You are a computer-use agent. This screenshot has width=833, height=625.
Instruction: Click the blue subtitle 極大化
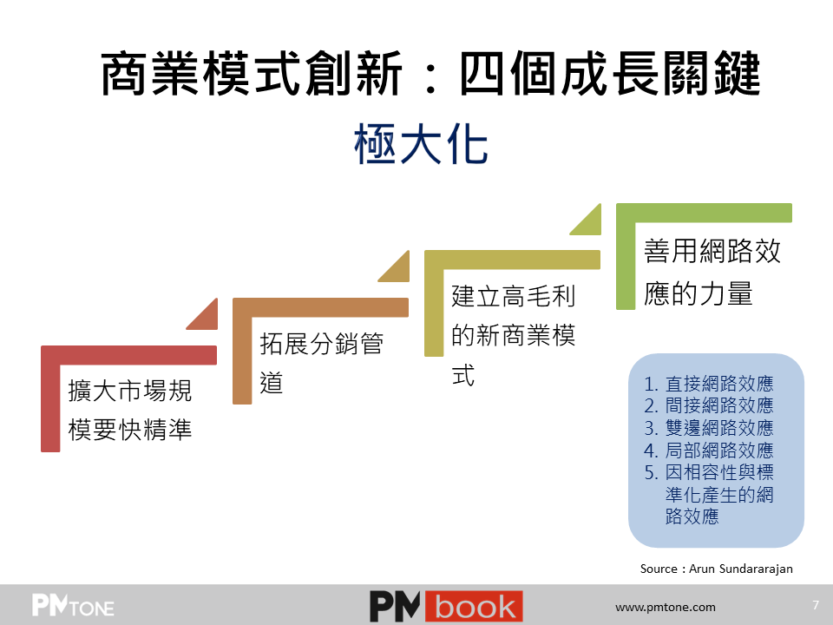pyautogui.click(x=421, y=143)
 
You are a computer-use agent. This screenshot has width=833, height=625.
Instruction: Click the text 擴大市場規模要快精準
pyautogui.click(x=130, y=410)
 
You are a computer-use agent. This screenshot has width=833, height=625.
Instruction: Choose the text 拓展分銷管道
pyautogui.click(x=321, y=363)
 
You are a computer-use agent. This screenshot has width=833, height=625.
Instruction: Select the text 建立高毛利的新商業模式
pyautogui.click(x=513, y=335)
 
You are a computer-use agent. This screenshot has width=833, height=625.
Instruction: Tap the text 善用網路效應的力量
pyautogui.click(x=712, y=272)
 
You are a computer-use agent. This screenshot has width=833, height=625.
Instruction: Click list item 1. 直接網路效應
pyautogui.click(x=708, y=383)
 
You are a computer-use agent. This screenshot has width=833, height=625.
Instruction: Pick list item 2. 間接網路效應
pyautogui.click(x=708, y=405)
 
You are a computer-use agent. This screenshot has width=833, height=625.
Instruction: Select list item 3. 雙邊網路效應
pyautogui.click(x=708, y=428)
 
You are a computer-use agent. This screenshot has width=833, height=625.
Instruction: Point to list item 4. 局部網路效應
pyautogui.click(x=708, y=451)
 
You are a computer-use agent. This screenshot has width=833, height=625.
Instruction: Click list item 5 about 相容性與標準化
pyautogui.click(x=708, y=494)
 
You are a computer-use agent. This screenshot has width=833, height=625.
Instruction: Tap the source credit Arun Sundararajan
pyautogui.click(x=716, y=569)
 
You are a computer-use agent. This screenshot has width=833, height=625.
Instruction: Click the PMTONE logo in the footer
pyautogui.click(x=73, y=605)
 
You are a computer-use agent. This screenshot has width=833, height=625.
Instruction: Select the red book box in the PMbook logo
pyautogui.click(x=474, y=607)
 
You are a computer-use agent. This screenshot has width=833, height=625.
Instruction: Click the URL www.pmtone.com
pyautogui.click(x=666, y=607)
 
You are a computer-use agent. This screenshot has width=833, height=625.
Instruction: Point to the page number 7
pyautogui.click(x=816, y=605)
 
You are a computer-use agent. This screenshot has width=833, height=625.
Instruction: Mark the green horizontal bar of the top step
pyautogui.click(x=704, y=213)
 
